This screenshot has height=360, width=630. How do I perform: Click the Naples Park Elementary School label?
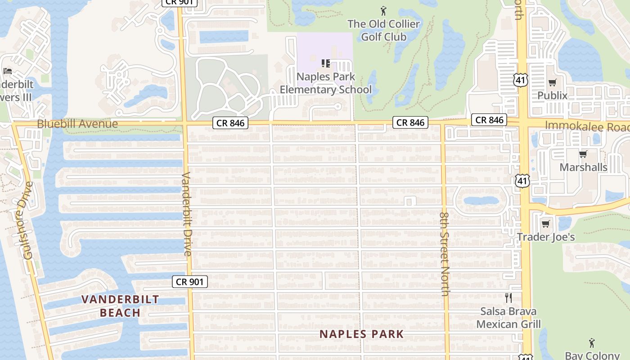pyautogui.click(x=326, y=83)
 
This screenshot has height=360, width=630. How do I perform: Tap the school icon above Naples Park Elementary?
pyautogui.click(x=326, y=63)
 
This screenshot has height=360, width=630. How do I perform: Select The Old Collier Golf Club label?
pyautogui.click(x=384, y=30)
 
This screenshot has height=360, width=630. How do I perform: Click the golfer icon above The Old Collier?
pyautogui.click(x=383, y=10)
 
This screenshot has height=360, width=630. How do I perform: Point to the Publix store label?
pyautogui.click(x=552, y=95)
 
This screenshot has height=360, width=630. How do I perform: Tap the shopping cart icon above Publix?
pyautogui.click(x=552, y=82)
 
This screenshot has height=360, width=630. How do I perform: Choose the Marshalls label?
pyautogui.click(x=583, y=167)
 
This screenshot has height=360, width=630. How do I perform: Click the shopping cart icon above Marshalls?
pyautogui.click(x=583, y=154)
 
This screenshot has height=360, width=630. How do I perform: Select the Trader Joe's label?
pyautogui.click(x=546, y=237)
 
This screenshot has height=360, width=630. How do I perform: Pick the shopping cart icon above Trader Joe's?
pyautogui.click(x=546, y=224)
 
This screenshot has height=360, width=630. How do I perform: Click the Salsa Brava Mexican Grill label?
pyautogui.click(x=508, y=317)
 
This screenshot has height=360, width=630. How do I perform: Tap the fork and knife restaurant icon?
pyautogui.click(x=508, y=298)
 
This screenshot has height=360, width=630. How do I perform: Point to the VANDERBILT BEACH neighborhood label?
pyautogui.click(x=121, y=306)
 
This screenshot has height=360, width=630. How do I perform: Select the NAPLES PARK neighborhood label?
pyautogui.click(x=362, y=334)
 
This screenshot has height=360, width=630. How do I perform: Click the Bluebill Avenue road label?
pyautogui.click(x=77, y=124)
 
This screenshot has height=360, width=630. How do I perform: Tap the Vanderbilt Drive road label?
pyautogui.click(x=187, y=214)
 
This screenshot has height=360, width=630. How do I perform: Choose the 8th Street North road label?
pyautogui.click(x=445, y=254)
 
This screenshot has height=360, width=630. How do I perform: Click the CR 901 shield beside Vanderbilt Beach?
pyautogui.click(x=190, y=282)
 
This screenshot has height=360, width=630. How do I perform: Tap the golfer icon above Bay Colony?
pyautogui.click(x=592, y=343)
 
